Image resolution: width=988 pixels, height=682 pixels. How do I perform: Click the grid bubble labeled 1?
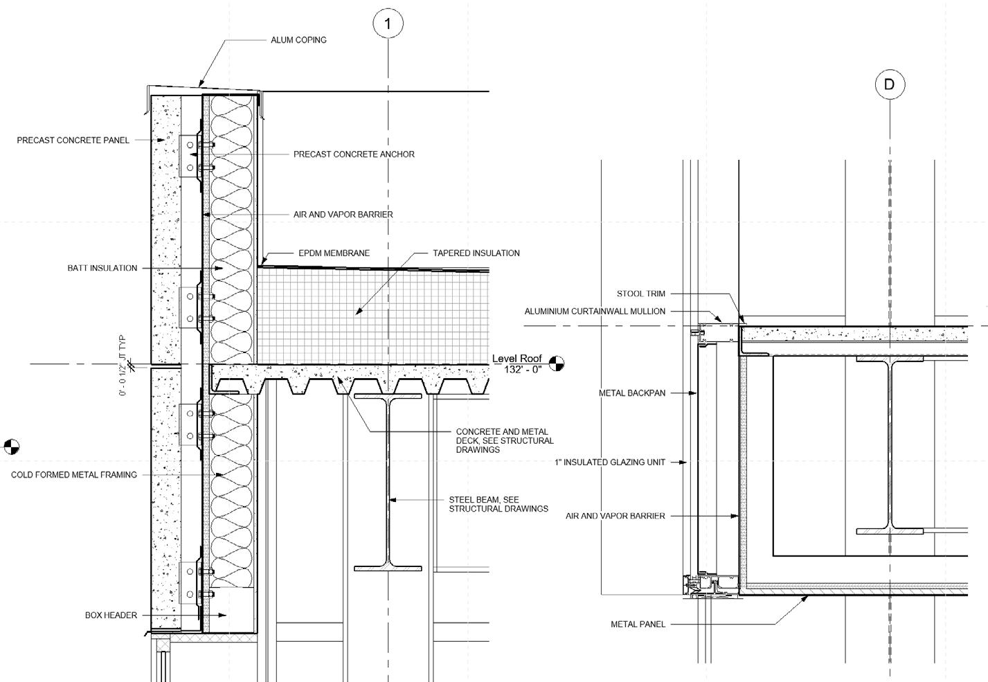(388, 24)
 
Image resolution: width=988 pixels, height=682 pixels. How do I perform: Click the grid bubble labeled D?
(890, 84)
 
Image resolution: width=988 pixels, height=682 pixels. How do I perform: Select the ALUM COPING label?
(298, 40)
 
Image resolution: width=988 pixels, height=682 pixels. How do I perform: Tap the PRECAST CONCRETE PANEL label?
(73, 141)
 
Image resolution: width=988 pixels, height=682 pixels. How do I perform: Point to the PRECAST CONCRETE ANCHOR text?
(354, 154)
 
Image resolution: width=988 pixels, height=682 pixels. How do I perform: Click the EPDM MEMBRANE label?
(334, 253)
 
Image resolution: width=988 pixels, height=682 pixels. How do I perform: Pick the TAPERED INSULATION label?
(476, 253)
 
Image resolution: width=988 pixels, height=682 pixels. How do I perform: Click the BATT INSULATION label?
(102, 269)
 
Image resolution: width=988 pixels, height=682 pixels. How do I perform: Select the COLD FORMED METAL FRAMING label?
(74, 475)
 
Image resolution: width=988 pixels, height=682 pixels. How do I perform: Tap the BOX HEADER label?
(111, 616)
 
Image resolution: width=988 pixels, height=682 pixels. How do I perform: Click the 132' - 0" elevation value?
(523, 370)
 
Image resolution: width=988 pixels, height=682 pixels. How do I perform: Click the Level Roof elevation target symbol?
(557, 363)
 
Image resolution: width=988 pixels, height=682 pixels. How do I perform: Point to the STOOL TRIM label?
(641, 294)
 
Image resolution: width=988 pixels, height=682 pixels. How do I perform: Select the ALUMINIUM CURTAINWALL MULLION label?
(595, 312)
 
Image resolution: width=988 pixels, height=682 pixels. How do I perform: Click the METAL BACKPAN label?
(632, 393)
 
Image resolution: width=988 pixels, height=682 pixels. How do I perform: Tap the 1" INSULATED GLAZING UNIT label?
(610, 463)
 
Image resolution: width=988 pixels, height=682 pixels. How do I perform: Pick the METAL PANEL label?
(638, 625)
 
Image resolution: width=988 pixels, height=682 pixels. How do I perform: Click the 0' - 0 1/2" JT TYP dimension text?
(123, 366)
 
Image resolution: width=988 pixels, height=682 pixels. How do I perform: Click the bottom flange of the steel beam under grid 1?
(388, 568)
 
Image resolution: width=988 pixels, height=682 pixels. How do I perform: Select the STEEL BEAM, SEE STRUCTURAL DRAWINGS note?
(498, 504)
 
